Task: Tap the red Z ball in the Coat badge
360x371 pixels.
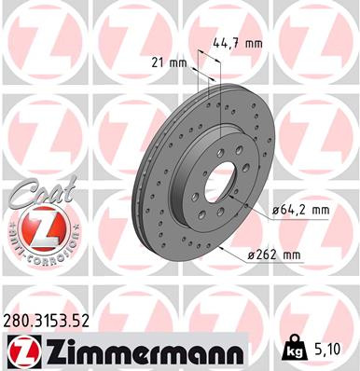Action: (36, 227)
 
